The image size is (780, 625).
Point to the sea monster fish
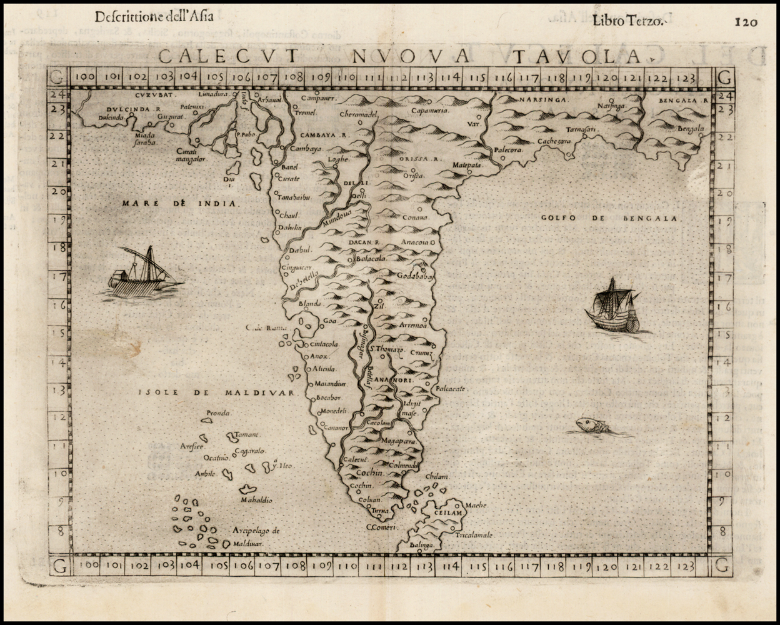coord(591,426)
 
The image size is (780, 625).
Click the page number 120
coord(746,22)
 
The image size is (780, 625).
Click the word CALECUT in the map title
coord(228,56)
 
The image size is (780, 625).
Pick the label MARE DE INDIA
coord(180,203)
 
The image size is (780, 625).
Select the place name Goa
coord(330,321)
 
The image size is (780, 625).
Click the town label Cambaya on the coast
coord(306,149)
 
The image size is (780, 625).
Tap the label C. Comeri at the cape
coord(381,527)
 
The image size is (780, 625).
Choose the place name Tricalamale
coord(474,535)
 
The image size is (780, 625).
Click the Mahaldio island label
coord(256,500)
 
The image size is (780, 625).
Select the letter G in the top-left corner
coord(57,78)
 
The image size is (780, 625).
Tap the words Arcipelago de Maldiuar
coord(256,537)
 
